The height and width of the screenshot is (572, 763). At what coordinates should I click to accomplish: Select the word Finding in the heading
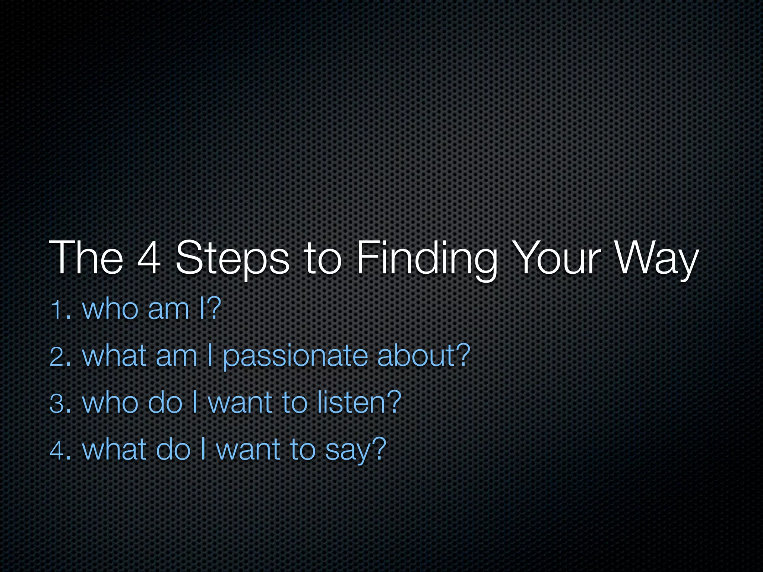pos(427,258)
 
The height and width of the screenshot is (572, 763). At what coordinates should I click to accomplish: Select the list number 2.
pos(60,356)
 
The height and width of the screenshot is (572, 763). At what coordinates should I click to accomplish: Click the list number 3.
pos(60,403)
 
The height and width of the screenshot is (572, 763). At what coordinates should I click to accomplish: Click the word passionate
pos(295,357)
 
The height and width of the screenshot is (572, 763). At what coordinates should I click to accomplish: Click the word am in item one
pos(168,309)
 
